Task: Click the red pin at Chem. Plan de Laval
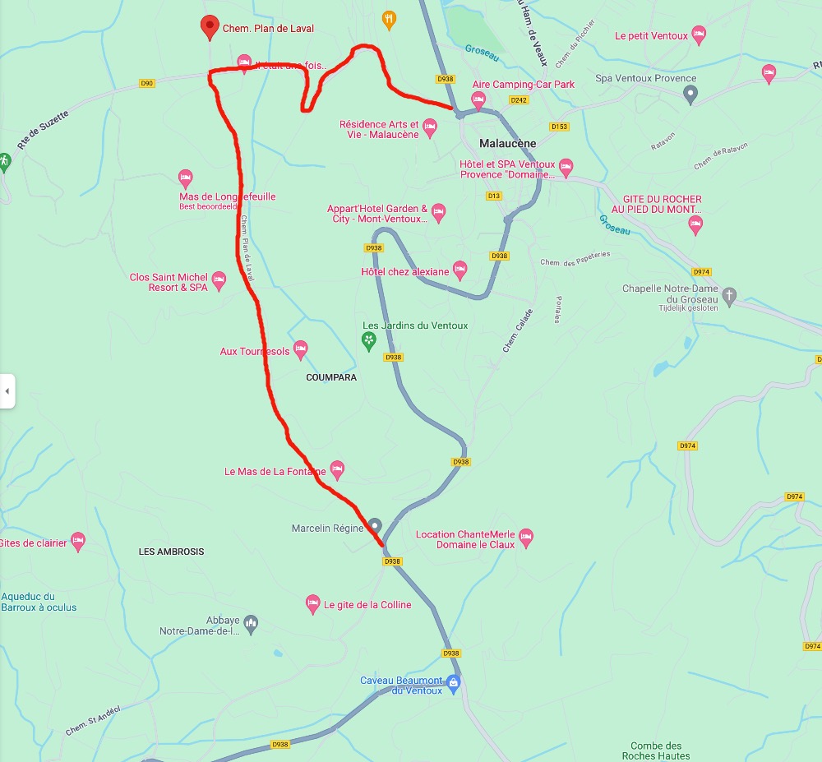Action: (209, 26)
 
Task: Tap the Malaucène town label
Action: (507, 143)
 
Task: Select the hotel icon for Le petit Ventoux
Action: (699, 35)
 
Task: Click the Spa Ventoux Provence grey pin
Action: (690, 94)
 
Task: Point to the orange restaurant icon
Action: (390, 17)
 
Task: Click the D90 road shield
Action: (147, 83)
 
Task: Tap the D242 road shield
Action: (519, 99)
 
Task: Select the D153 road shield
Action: (559, 127)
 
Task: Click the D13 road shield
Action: (494, 196)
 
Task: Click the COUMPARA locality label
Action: (331, 377)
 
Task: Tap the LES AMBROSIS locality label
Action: (171, 552)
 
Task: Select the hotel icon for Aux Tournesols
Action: (301, 350)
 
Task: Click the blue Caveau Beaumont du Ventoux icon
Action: (453, 681)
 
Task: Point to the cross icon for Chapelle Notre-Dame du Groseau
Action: (729, 294)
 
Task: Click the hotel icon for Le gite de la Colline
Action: (312, 604)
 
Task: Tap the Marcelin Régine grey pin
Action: (375, 525)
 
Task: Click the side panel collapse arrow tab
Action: (7, 391)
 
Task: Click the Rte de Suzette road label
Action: (43, 130)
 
